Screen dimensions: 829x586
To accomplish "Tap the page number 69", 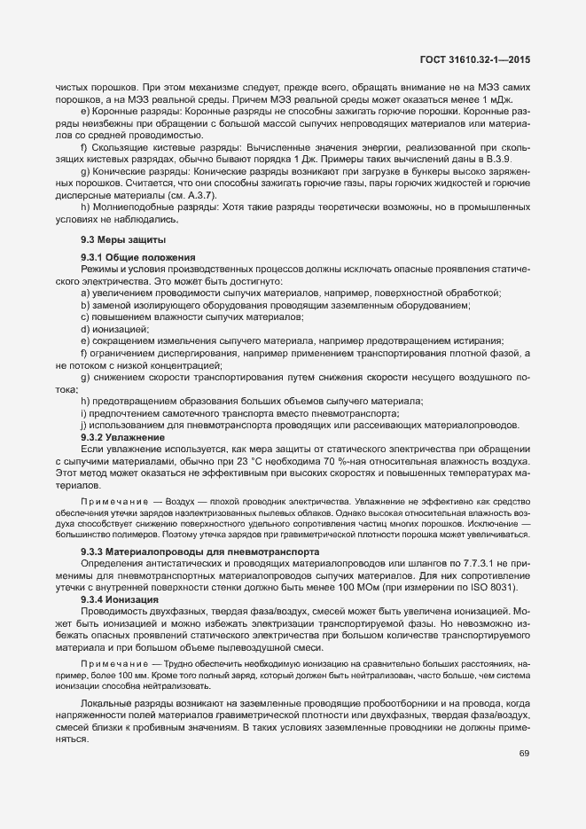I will (524, 754).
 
